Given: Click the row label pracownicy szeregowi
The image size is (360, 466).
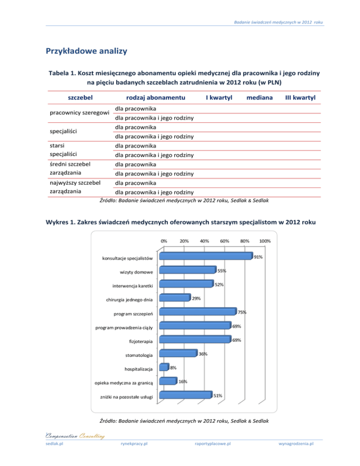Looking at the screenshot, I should [80, 113].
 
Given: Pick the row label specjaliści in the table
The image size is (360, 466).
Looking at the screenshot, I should [64, 132].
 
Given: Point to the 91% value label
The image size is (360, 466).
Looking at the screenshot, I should [258, 257].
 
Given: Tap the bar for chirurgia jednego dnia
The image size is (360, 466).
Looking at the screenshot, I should [174, 298].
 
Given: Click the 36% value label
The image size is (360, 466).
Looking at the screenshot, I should [203, 354].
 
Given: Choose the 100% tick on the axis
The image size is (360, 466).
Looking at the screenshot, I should [264, 241].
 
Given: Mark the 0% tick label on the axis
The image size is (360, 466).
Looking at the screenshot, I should [164, 241].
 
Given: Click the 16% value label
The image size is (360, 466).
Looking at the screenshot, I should [183, 382].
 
